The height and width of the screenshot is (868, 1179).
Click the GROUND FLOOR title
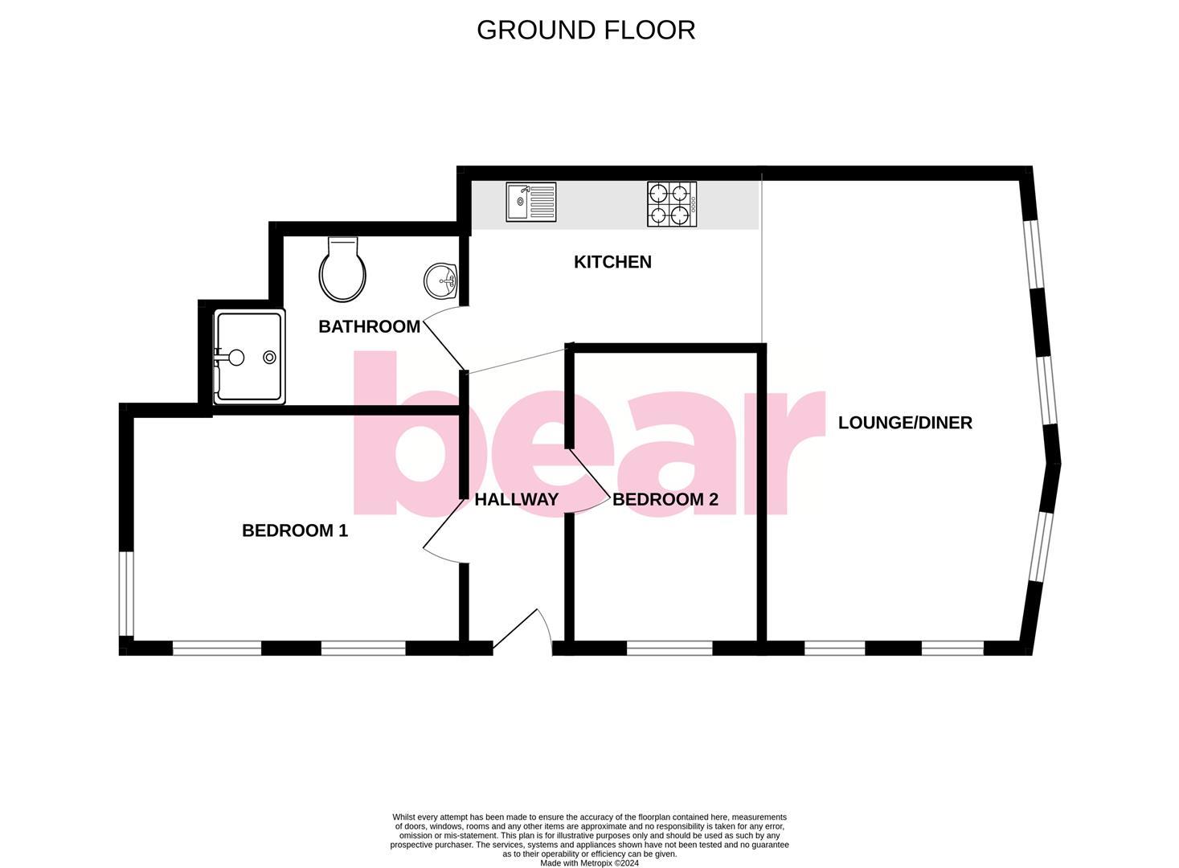pos(586,30)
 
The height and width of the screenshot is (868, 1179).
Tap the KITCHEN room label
pos(612,262)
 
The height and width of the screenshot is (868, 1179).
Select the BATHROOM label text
pos(369,326)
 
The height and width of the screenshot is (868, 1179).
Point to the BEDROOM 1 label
pos(295,530)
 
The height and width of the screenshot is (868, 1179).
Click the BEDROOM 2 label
pos(665,499)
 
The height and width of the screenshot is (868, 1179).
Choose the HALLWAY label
pos(516,499)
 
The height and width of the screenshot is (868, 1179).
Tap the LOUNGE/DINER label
pos(905,423)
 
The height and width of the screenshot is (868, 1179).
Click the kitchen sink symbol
pos(531,202)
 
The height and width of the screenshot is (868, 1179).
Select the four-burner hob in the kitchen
pos(672,204)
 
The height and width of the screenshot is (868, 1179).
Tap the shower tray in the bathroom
pos(248,357)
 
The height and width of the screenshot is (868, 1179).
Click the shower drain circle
pos(270,357)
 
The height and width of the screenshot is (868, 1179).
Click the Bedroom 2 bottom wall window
pos(669,648)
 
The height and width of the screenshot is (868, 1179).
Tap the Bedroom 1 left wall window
pos(126,593)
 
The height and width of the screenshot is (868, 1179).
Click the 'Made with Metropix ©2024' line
pos(589,863)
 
